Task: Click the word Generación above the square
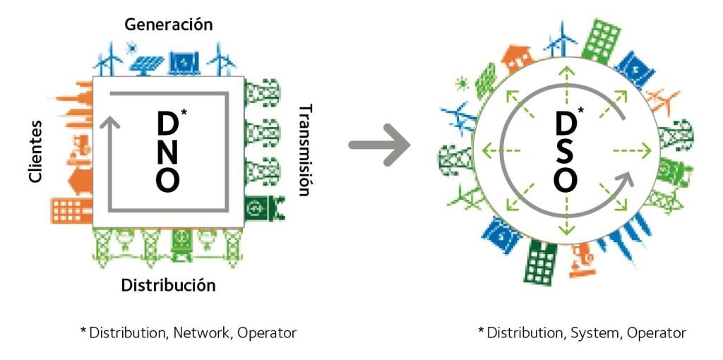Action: (168, 24)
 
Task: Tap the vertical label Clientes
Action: (36, 151)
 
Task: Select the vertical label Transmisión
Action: (305, 150)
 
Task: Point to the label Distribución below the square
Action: (168, 285)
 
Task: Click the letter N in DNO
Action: (168, 152)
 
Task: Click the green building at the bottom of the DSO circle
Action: (539, 263)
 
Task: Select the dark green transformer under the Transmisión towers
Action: (256, 209)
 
